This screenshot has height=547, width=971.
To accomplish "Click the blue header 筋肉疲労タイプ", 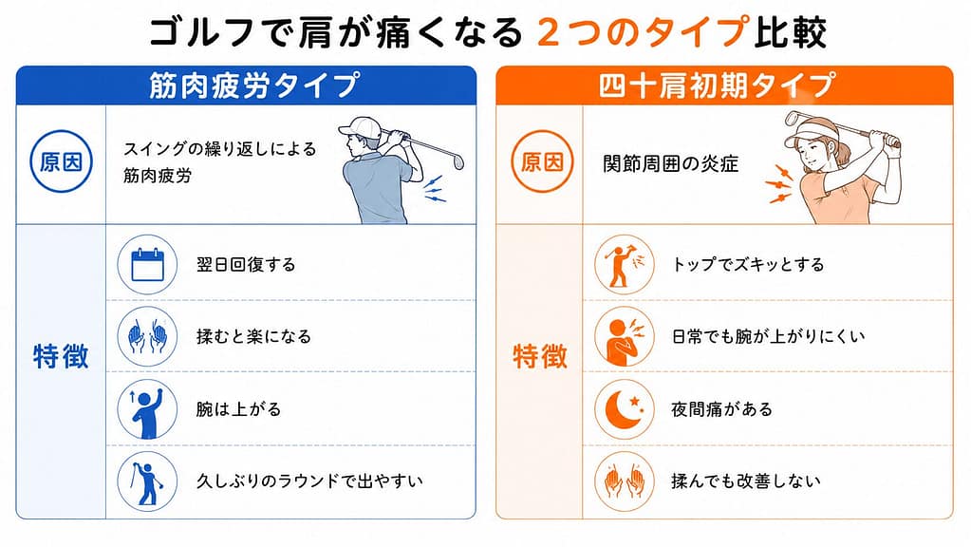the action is tap(253, 85).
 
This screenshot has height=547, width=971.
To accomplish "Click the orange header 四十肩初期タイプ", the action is tap(718, 85).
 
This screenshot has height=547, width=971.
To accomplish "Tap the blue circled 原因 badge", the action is tap(61, 161).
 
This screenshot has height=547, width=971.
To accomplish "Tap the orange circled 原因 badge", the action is tap(542, 161).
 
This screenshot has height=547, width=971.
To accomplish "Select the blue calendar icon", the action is tap(147, 265).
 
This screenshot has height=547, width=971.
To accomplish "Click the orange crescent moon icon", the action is tap(624, 409).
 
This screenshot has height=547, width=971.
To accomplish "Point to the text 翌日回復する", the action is tap(246, 265).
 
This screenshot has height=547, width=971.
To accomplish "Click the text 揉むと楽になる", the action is tap(253, 336).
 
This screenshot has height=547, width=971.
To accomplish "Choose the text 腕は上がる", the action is tap(238, 409).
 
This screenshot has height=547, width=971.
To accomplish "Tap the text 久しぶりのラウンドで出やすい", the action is tap(309, 481).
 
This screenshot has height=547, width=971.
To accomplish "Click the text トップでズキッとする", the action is tap(748, 265).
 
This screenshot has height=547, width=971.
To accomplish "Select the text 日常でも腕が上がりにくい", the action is tap(769, 336).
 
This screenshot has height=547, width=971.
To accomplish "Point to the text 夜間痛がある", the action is tap(721, 409).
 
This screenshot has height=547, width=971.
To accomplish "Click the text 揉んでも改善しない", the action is tap(746, 481).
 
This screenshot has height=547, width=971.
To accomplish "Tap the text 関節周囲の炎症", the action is tap(671, 163).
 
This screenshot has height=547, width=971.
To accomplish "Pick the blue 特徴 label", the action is tap(61, 357).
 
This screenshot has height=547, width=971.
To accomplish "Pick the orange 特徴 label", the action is tap(540, 357).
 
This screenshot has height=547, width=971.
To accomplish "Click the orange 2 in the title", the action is tap(549, 32).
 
